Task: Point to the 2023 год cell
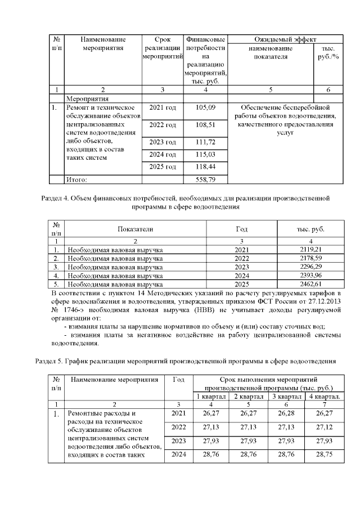pos(163,141)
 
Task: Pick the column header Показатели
pos(135,229)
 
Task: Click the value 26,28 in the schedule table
pos(284,413)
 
